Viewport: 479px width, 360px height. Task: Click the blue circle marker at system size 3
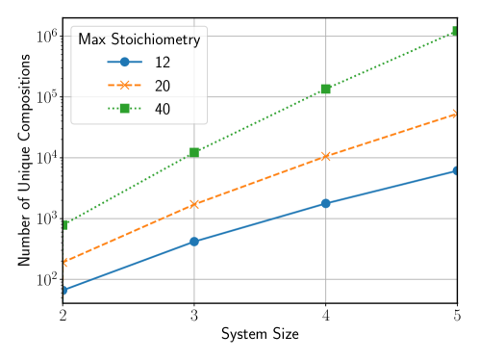click(194, 242)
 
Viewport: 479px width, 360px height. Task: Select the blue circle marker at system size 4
click(326, 203)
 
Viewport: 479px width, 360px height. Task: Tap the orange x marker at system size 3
click(194, 204)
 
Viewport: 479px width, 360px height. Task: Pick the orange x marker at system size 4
click(326, 155)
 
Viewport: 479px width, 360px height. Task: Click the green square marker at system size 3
click(194, 152)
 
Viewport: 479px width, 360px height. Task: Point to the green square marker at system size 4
click(326, 89)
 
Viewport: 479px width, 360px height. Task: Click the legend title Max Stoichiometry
click(139, 39)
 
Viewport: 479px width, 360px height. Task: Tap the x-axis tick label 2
click(63, 316)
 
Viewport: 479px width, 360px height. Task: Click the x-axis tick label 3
click(194, 316)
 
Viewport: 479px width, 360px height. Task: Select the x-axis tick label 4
click(326, 316)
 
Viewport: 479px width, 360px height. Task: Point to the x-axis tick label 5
click(457, 316)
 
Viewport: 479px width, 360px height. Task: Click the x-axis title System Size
click(260, 336)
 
